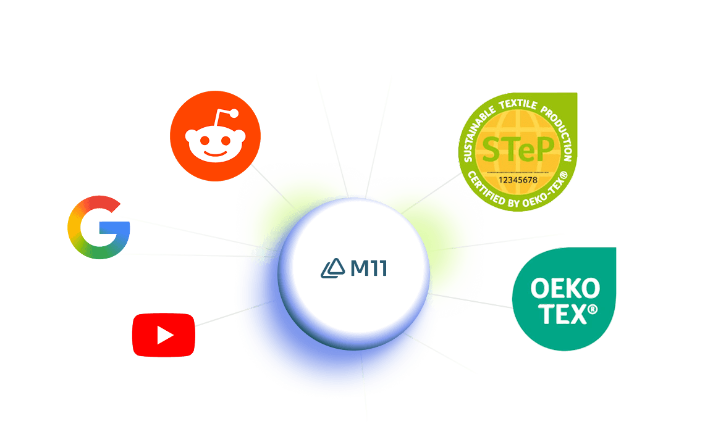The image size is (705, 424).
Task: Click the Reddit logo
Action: [215, 136]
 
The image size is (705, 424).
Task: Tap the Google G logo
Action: [99, 227]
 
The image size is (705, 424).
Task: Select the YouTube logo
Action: [164, 335]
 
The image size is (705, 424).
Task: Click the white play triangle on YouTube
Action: [165, 335]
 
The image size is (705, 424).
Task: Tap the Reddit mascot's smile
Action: [214, 153]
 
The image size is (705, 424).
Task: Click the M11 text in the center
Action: [368, 268]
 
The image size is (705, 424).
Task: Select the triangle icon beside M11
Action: [333, 268]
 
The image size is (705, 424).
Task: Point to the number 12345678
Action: [518, 180]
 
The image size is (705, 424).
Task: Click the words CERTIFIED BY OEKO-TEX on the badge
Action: [518, 196]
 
